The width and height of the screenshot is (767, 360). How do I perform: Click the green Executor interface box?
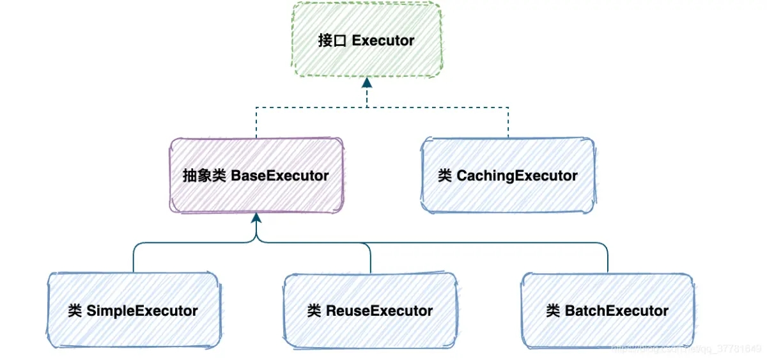click(366, 40)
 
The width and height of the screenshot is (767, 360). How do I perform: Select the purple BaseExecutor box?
click(256, 175)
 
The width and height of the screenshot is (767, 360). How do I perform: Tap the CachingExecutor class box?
click(508, 175)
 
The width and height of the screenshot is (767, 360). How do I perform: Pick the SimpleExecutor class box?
click(133, 311)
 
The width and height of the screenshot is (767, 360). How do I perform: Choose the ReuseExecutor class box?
click(370, 311)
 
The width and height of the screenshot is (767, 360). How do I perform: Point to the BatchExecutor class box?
click(607, 311)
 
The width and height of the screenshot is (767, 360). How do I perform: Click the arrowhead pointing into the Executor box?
click(367, 83)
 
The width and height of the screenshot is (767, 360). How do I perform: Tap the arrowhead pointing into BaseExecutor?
click(256, 217)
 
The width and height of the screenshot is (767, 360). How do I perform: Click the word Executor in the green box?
click(383, 40)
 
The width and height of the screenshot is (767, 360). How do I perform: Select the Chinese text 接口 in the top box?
click(332, 40)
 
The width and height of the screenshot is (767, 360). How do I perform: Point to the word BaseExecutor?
click(280, 175)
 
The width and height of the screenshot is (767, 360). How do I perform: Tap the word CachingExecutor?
click(517, 176)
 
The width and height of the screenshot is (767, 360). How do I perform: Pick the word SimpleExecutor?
click(142, 311)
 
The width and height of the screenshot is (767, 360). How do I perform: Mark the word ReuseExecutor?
click(379, 311)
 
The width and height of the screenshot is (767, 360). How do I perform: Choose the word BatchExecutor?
click(617, 311)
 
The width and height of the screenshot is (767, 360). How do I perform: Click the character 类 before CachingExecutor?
click(445, 176)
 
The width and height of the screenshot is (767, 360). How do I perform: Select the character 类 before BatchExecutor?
click(554, 311)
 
